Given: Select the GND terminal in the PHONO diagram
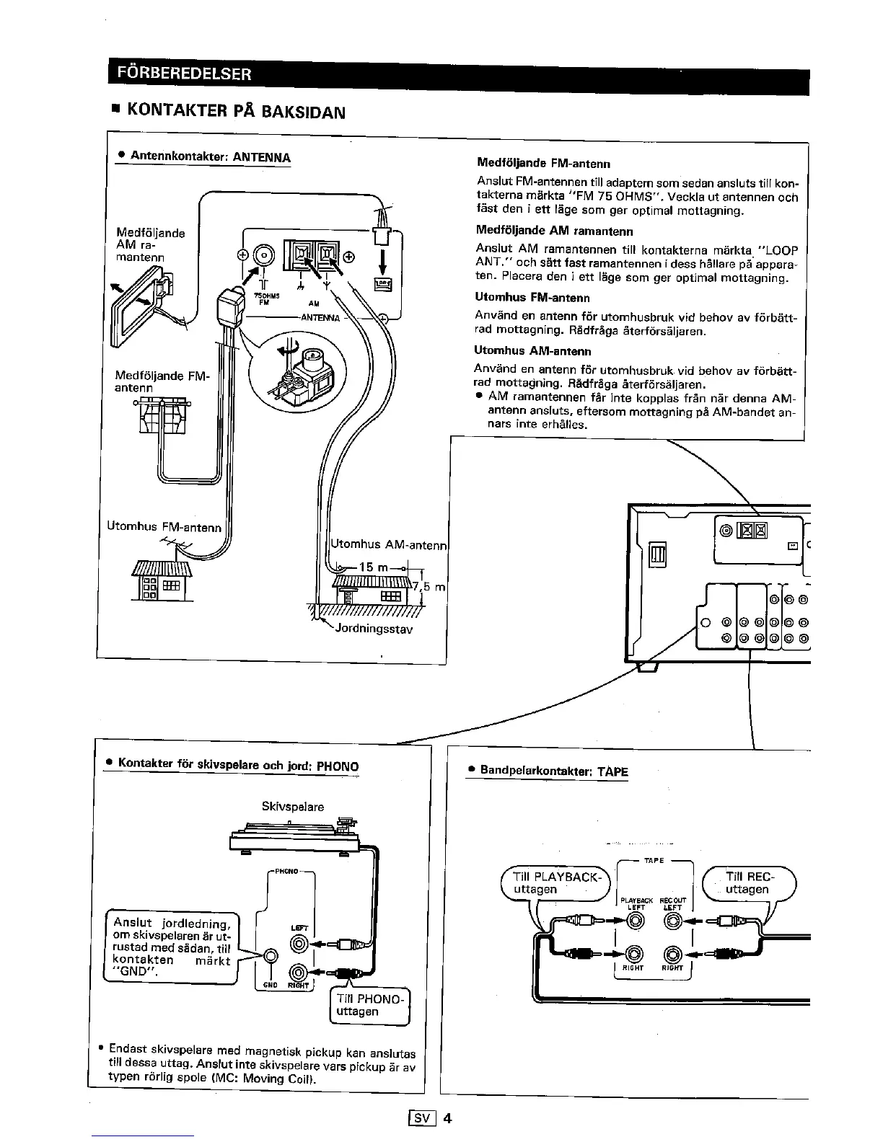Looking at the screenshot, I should (x=271, y=956).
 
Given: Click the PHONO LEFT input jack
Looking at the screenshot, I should (x=300, y=943).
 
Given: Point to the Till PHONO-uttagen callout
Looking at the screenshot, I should (x=369, y=1005).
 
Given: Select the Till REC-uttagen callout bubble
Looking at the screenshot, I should (x=749, y=883).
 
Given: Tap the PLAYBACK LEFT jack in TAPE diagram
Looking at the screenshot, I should (x=635, y=921).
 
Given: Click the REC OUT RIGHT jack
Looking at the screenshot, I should (x=672, y=955).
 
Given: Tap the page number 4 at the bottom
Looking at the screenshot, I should (x=447, y=1119).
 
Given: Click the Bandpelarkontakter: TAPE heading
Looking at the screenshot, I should (x=554, y=771).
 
